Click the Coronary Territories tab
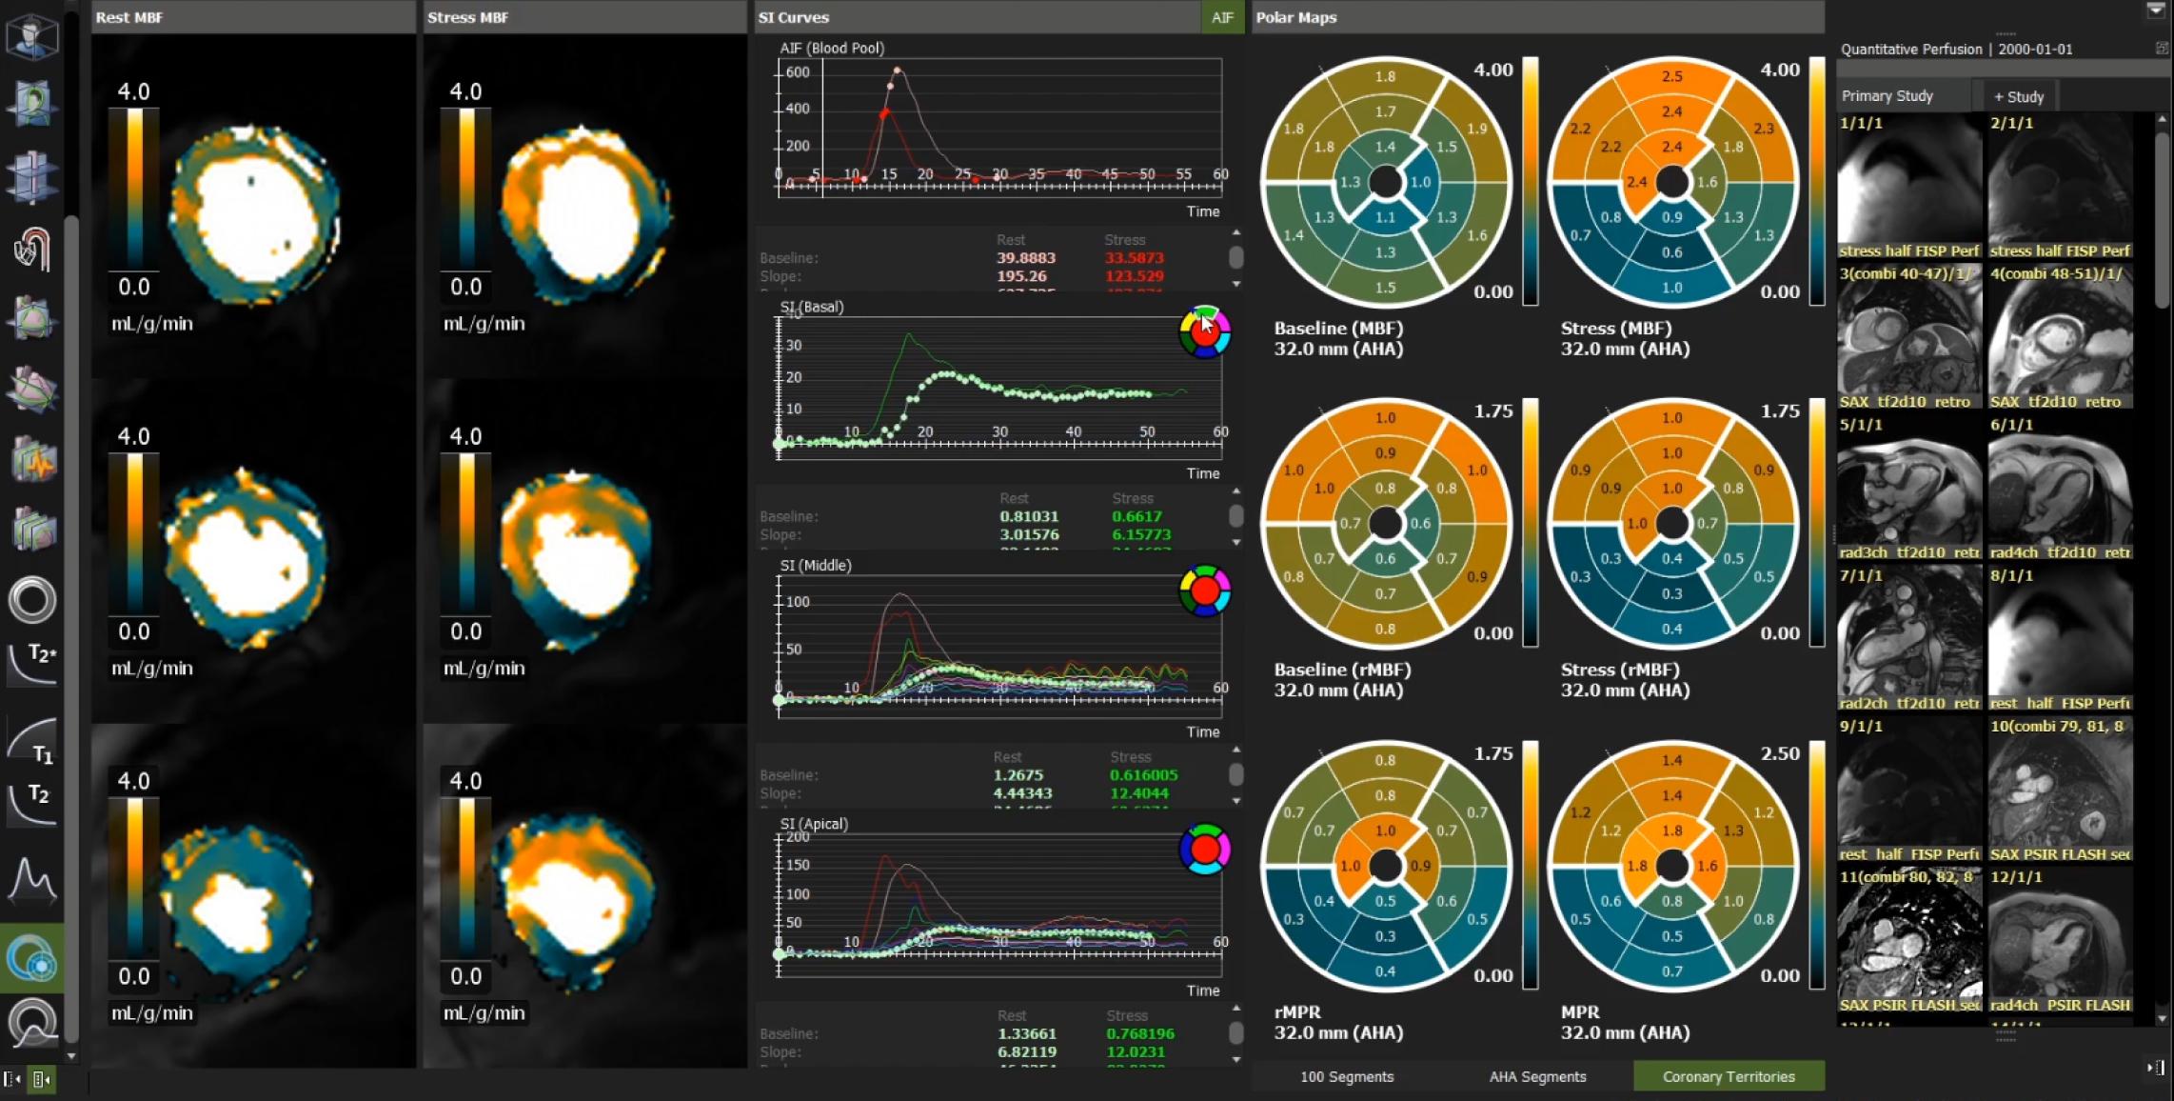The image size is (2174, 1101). (x=1728, y=1076)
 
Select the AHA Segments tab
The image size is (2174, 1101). (x=1537, y=1076)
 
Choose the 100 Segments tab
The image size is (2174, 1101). (x=1346, y=1076)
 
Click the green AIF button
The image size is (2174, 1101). (x=1222, y=17)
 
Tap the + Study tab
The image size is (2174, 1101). (x=2019, y=96)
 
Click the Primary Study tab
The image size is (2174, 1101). (x=1887, y=96)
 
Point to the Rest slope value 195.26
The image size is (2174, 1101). (x=1021, y=276)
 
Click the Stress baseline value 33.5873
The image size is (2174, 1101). (x=1134, y=258)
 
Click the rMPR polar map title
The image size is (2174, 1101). (x=1297, y=1012)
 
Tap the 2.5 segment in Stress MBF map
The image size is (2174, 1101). (x=1671, y=76)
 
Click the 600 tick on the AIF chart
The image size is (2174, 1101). (x=798, y=72)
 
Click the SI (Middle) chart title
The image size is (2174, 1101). (x=815, y=566)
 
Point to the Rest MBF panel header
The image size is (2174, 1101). (x=128, y=17)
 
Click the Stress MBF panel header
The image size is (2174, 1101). (x=467, y=17)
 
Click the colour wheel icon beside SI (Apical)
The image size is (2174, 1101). (x=1204, y=850)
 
